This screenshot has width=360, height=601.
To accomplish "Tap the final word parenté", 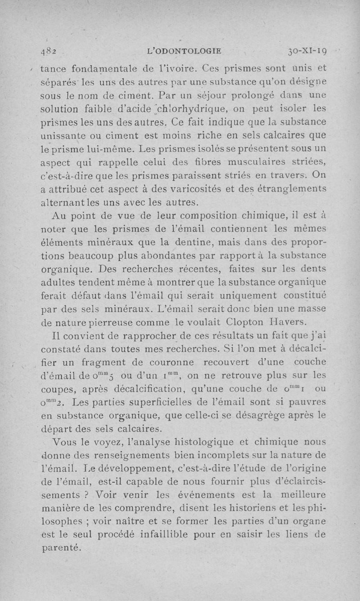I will [x=61, y=547].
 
